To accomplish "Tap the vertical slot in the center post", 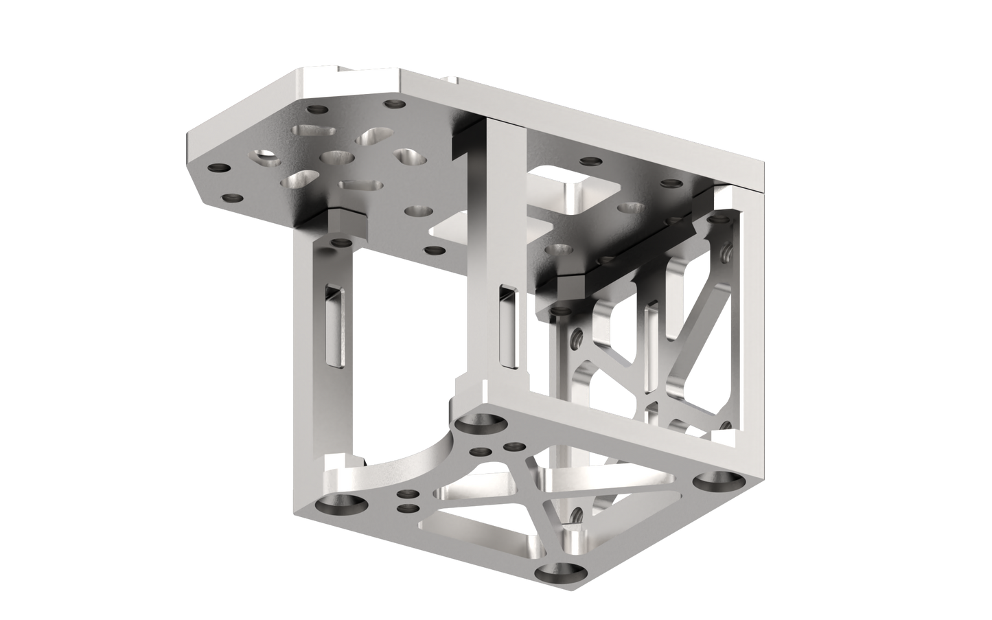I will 507,324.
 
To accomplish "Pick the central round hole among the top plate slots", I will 336,159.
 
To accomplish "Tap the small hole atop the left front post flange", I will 338,242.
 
